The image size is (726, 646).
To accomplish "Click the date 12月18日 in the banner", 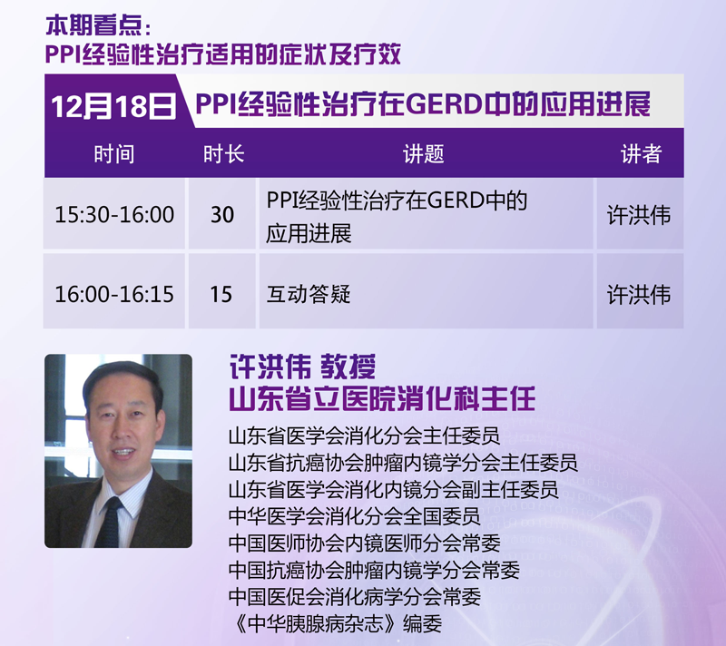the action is tap(114, 106).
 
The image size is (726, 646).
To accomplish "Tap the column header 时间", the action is tap(114, 154).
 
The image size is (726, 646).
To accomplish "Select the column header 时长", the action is tap(223, 154).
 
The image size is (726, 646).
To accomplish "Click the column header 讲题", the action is tap(424, 154).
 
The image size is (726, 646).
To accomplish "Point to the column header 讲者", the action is tap(642, 154).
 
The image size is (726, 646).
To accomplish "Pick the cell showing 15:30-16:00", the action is tap(114, 215).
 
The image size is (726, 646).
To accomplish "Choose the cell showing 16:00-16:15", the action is tap(114, 294).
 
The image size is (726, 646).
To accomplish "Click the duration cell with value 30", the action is tap(222, 215).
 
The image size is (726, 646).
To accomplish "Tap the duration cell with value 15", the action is tap(221, 294).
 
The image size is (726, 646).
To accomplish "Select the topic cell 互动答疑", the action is tap(309, 294).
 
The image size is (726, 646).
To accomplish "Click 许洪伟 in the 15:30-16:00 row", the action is tap(639, 215).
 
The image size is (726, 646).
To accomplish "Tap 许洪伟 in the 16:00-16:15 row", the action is tap(639, 295).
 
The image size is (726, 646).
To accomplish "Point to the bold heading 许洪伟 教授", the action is tap(303, 367).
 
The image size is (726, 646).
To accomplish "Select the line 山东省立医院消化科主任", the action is tap(382, 399).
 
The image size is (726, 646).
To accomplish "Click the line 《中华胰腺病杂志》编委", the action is tap(336, 623).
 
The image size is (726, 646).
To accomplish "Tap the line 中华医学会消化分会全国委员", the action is tap(355, 516).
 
